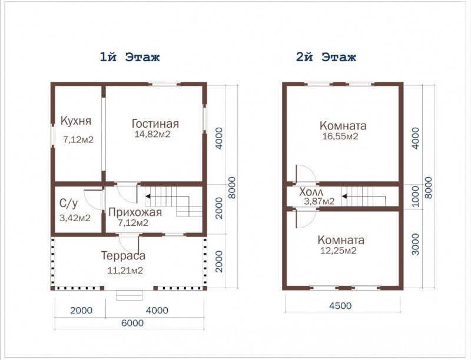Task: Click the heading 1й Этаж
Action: point(130,56)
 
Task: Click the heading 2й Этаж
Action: point(326,56)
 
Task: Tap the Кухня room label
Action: point(76,121)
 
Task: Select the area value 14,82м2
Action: point(152,134)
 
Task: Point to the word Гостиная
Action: point(155,124)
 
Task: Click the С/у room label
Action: point(68,204)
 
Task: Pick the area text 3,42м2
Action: point(75,218)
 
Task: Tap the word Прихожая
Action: point(135,212)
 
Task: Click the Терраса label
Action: point(123,256)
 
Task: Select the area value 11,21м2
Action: point(125,271)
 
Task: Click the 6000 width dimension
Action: point(132,323)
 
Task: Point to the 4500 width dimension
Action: point(340,306)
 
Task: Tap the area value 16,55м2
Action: point(340,136)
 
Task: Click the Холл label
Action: point(311,192)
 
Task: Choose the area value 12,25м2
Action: point(338,251)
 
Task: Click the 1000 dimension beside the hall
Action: point(415,196)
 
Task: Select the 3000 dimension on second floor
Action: point(415,245)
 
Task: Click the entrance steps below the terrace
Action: point(130,295)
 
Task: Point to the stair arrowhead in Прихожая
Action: point(148,196)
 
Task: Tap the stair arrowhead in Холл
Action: point(344,196)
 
